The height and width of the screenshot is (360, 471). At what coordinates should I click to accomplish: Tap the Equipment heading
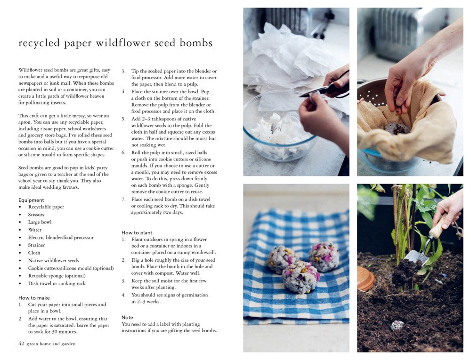click(31, 200)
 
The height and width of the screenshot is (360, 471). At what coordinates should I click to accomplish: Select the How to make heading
click(34, 298)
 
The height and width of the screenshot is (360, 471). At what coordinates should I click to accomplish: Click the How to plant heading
click(137, 233)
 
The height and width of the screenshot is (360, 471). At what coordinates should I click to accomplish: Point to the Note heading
click(127, 317)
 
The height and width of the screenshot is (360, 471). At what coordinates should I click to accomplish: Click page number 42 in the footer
click(21, 344)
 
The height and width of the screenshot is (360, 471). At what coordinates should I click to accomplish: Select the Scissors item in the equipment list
click(36, 215)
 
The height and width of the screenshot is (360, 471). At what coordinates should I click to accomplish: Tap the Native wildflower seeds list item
click(54, 260)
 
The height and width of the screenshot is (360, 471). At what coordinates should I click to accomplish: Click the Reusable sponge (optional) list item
click(57, 276)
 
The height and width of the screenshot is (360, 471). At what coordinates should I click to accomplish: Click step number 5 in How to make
click(123, 119)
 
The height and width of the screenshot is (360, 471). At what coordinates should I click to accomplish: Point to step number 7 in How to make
click(123, 200)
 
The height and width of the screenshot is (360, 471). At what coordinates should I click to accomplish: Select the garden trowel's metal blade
click(416, 258)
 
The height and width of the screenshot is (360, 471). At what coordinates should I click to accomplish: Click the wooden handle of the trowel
click(439, 224)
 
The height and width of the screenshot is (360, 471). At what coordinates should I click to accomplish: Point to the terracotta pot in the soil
click(365, 279)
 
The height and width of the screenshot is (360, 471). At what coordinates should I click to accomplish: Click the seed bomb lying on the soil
click(397, 325)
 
